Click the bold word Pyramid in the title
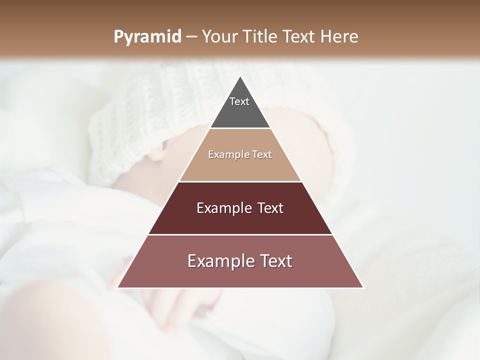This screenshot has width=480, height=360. click(x=147, y=37)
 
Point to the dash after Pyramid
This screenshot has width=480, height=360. click(x=191, y=37)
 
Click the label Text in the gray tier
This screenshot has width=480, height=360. click(x=239, y=101)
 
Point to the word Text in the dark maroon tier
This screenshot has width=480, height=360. click(x=270, y=208)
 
